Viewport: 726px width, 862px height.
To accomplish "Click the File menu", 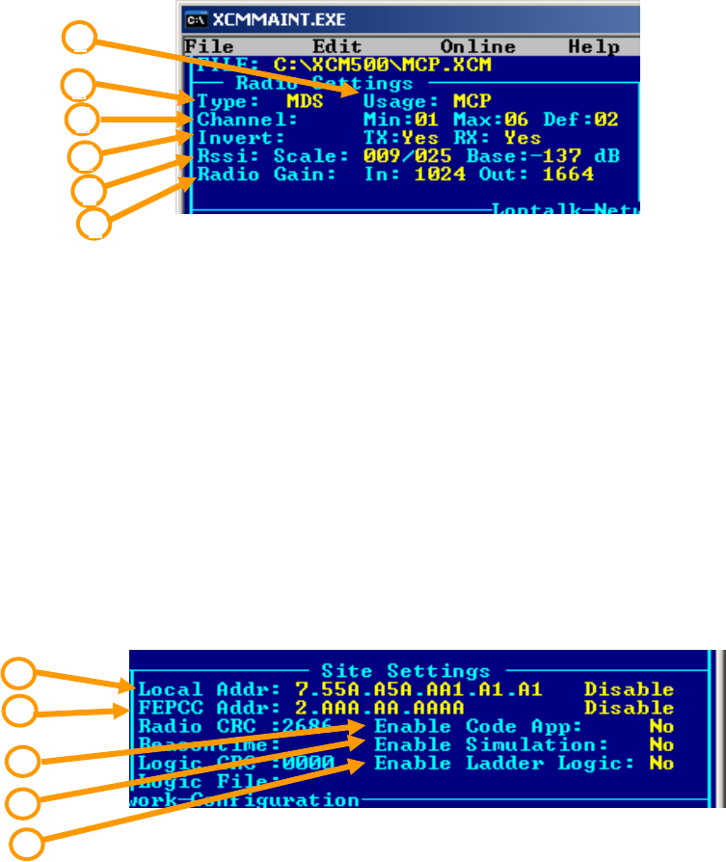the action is [207, 47].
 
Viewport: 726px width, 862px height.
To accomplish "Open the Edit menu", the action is [336, 47].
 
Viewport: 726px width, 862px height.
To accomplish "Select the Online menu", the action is [477, 47].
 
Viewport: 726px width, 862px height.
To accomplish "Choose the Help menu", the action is [594, 47].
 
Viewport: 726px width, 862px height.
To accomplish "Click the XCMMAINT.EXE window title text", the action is [267, 18].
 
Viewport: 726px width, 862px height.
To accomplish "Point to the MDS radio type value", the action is [304, 101].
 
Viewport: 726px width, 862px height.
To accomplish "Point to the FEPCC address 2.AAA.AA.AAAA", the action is [377, 708].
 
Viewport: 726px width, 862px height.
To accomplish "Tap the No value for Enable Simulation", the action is [660, 744].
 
